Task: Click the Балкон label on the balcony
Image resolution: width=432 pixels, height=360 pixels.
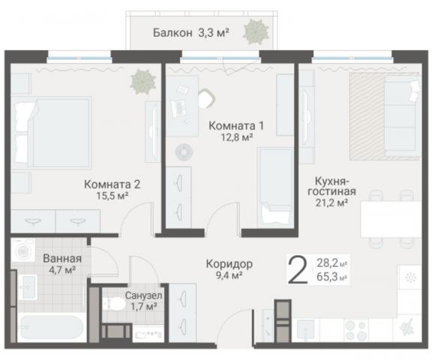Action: click(172, 32)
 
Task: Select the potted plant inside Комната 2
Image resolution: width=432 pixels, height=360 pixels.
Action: click(140, 80)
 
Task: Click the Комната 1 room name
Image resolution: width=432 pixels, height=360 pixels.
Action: click(236, 125)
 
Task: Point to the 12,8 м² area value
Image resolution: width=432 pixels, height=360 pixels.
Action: click(236, 137)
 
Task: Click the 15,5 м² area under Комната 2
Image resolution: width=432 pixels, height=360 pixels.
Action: click(112, 196)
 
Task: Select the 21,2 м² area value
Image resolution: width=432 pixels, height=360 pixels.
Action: click(331, 202)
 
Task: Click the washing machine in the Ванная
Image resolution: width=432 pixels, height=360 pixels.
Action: click(22, 250)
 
